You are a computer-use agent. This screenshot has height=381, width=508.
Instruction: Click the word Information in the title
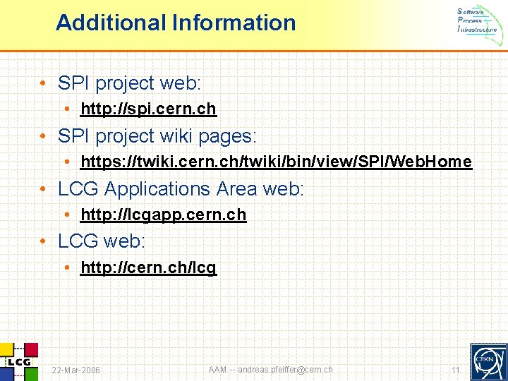(x=234, y=23)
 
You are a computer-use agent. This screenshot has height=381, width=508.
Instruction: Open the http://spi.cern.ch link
(x=148, y=109)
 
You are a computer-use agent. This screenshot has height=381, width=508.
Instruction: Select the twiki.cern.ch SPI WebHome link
(x=276, y=162)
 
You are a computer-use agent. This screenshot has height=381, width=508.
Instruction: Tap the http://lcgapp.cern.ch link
(x=164, y=215)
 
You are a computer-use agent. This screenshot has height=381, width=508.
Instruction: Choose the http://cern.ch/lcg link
(x=148, y=268)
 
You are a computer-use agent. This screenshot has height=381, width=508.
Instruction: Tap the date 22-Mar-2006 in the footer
(x=76, y=370)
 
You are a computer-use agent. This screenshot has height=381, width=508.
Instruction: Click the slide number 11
(x=455, y=370)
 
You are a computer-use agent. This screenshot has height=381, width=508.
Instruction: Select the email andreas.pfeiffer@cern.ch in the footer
(x=285, y=370)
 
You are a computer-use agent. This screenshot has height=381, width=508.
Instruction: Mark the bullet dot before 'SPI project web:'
(x=44, y=83)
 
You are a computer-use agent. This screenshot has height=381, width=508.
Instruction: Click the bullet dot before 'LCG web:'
(x=44, y=242)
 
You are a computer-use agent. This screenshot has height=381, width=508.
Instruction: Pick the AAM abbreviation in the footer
(x=218, y=370)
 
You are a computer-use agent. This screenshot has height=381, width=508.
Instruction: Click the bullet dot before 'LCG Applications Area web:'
(x=44, y=189)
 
